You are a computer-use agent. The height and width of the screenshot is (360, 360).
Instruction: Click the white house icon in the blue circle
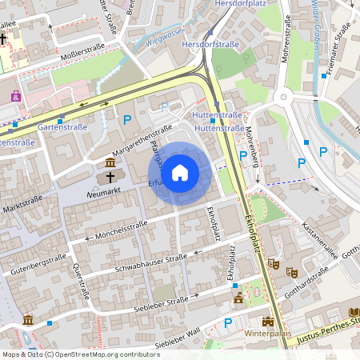180,173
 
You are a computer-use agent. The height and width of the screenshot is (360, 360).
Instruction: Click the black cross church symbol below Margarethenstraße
110,175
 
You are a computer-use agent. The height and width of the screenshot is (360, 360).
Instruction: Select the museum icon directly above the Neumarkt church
110,163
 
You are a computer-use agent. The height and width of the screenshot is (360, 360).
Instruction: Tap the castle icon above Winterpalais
238,298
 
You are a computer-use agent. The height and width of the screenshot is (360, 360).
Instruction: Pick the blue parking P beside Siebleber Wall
228,323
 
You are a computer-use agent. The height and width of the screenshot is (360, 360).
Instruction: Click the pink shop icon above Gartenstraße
15,96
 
